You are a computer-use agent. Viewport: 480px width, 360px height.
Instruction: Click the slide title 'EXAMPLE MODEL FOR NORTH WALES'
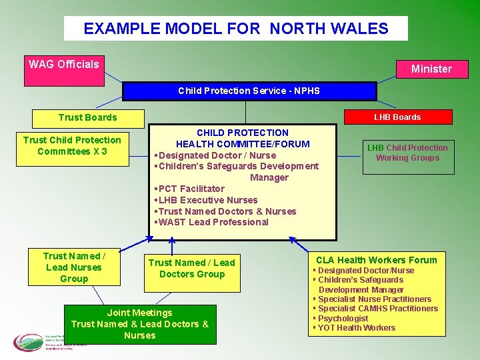point(235,29)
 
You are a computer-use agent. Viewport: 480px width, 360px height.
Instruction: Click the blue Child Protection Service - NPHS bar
point(249,91)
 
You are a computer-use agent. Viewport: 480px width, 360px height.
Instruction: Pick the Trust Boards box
point(87,117)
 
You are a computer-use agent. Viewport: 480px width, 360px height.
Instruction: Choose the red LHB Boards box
point(397,117)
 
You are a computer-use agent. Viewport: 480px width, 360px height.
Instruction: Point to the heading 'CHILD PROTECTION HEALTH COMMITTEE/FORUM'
point(243,138)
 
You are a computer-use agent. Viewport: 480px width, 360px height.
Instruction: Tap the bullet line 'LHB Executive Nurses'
point(207,200)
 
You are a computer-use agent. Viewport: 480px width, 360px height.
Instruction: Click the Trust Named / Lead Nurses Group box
point(74,267)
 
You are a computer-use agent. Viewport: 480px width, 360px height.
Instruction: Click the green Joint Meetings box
point(140,324)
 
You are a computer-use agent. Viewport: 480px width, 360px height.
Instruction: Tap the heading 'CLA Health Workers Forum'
point(376,260)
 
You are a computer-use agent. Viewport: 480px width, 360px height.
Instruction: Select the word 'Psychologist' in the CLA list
point(343,318)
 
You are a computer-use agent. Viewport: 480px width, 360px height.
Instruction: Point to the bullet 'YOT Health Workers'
point(357,327)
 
